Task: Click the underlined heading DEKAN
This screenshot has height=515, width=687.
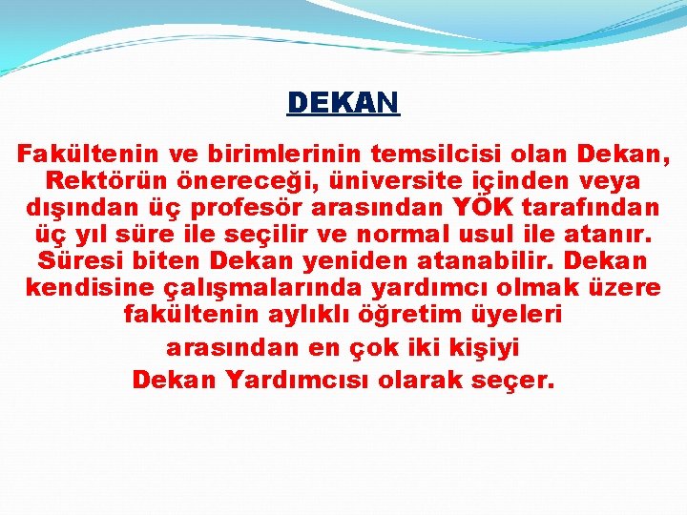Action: (343, 102)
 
